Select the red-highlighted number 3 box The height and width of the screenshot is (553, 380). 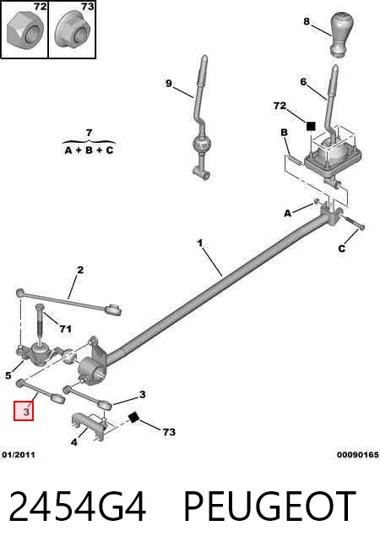pos(24,411)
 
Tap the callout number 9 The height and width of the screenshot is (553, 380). pos(169,84)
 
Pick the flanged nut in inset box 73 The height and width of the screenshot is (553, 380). pos(72,30)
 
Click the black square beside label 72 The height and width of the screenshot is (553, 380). pos(311,126)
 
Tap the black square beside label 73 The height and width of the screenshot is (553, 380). pos(133,418)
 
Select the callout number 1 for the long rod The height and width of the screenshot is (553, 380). pos(200,243)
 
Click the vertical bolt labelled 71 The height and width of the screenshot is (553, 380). pos(41,325)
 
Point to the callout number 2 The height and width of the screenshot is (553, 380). pos(80,270)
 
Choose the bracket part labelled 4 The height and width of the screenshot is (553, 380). pos(90,425)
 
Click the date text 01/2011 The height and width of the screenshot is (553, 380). pos(19,455)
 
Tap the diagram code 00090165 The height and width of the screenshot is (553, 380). pos(357,455)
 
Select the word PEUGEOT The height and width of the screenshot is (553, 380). pos(269,506)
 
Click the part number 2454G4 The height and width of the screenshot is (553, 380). pos(77,506)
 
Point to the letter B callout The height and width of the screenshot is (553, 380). pos(284,133)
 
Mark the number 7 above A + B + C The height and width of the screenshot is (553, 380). pos(90,133)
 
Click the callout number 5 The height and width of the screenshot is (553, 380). pos(8,375)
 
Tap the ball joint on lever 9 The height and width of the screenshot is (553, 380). pos(201,144)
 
